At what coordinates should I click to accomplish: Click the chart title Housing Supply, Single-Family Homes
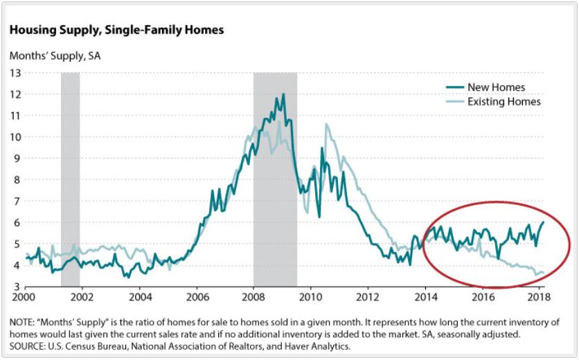pos(116,30)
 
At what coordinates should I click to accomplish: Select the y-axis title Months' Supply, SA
pos(55,56)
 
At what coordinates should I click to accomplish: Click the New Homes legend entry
pos(486,87)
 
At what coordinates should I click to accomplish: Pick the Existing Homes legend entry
pos(493,102)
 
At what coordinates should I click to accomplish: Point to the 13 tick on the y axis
pos(15,73)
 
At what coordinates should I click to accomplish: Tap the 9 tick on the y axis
pos(18,159)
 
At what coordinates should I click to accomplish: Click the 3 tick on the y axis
pos(18,287)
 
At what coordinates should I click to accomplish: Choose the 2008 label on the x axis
pos(253,297)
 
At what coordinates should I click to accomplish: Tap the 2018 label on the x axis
pos(539,297)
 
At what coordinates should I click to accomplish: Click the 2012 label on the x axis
pos(367,297)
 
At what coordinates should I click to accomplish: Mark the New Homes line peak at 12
pos(283,94)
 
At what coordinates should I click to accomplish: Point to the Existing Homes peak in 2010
pos(326,125)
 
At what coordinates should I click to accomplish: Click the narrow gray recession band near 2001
pos(70,179)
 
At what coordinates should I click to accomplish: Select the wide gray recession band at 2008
pos(275,179)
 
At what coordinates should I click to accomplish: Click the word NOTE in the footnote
pos(21,323)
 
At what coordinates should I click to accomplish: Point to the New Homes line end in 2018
pos(543,222)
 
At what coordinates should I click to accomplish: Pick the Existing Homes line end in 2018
pos(543,273)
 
